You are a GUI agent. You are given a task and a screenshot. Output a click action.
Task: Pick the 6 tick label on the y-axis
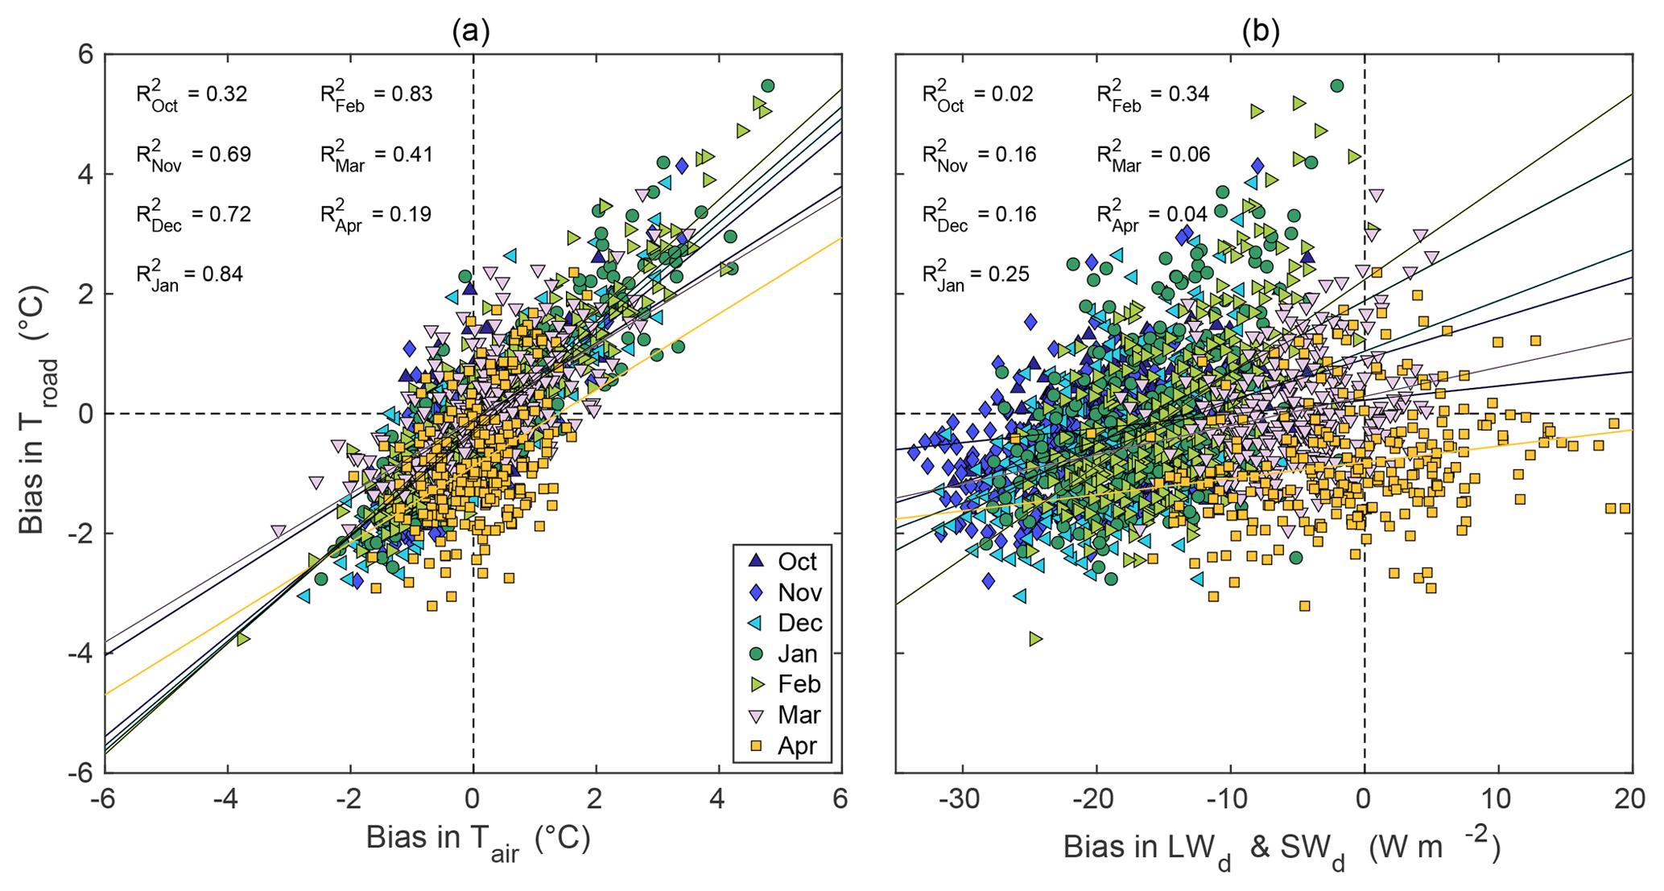(x=86, y=55)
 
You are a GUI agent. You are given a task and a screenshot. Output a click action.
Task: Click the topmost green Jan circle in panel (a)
(x=767, y=86)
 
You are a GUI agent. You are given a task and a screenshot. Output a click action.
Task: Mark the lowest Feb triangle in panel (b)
(x=1035, y=639)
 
